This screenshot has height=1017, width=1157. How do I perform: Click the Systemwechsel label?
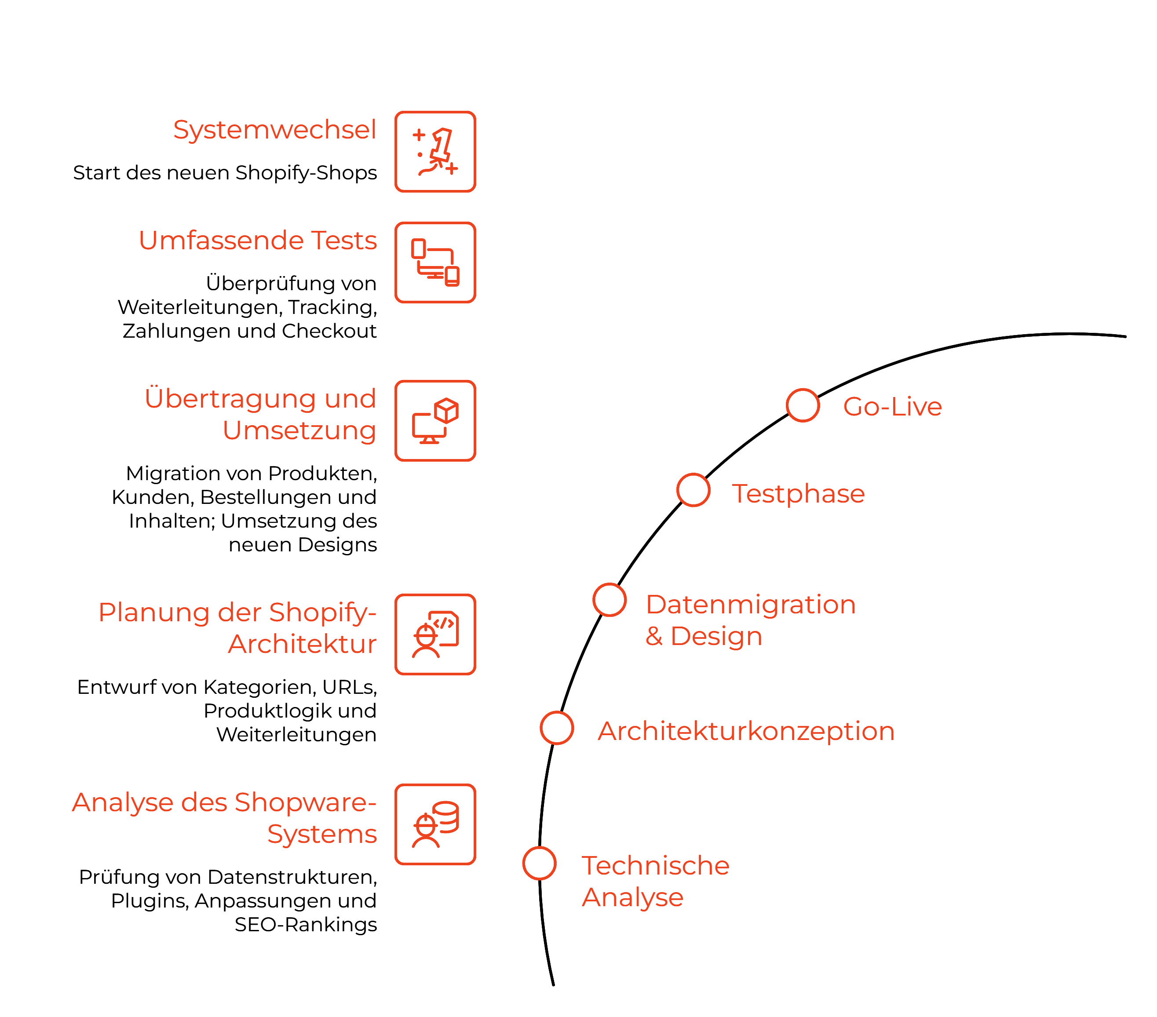(274, 130)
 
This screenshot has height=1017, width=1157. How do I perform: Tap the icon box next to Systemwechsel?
(435, 152)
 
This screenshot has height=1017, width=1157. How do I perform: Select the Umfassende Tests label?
(258, 241)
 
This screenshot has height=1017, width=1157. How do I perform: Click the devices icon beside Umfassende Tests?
(435, 262)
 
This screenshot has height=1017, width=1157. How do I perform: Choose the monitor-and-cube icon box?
(435, 420)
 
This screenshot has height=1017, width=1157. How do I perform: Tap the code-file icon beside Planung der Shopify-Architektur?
(435, 634)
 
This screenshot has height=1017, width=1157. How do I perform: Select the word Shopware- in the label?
(306, 802)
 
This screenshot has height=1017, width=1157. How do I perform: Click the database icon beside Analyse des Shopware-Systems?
(435, 824)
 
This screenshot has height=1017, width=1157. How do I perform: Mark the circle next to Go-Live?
(802, 405)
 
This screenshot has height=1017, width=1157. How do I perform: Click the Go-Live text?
(892, 407)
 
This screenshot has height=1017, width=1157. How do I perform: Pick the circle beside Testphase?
(693, 490)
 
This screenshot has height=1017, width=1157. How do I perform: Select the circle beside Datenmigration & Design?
(609, 600)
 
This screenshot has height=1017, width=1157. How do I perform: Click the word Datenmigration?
(751, 605)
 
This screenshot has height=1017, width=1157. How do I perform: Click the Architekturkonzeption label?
(746, 731)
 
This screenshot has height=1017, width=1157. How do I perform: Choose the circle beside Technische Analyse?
(539, 863)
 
